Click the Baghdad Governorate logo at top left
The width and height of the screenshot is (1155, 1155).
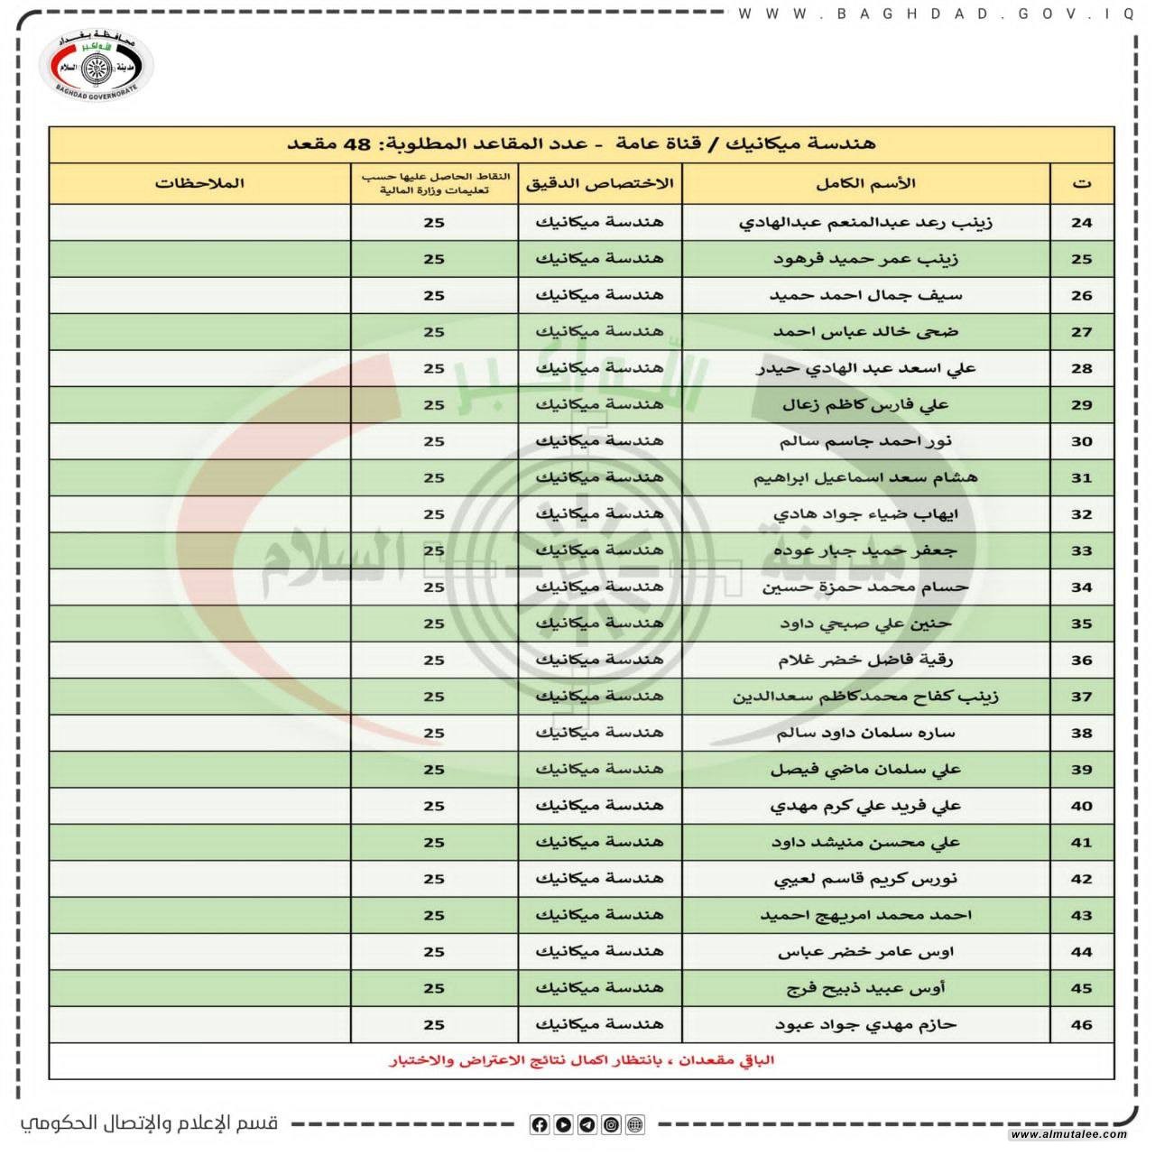click(98, 65)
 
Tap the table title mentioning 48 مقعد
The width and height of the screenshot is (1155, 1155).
click(581, 144)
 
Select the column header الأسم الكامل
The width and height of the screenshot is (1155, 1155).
click(865, 183)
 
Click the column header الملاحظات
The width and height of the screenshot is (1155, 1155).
click(199, 183)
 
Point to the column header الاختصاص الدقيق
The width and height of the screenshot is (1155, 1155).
click(600, 183)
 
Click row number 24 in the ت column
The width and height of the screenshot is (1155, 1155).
click(1081, 223)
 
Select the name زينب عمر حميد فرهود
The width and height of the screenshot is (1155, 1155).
click(865, 259)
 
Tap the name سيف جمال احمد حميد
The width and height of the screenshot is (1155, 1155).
click(865, 295)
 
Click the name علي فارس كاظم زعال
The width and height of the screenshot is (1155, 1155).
click(865, 405)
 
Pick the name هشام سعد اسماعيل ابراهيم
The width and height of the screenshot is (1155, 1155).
click(865, 477)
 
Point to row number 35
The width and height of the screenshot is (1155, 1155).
click(1081, 624)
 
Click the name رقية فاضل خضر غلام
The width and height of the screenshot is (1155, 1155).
click(865, 660)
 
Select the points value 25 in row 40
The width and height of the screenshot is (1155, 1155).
click(434, 806)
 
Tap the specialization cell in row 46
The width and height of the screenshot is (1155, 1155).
click(600, 1024)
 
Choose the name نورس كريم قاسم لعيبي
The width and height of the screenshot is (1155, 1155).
click(865, 879)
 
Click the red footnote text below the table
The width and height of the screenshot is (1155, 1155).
click(581, 1060)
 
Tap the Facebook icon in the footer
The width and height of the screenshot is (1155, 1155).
click(540, 1124)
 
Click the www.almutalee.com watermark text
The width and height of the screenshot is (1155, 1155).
click(1068, 1134)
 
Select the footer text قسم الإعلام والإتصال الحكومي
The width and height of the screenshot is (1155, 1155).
click(150, 1123)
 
